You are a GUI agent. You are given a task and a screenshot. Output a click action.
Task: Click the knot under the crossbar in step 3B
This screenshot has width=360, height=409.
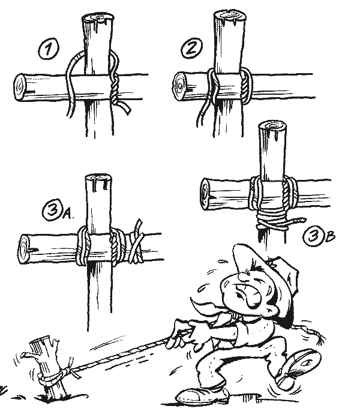[x=268, y=224]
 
